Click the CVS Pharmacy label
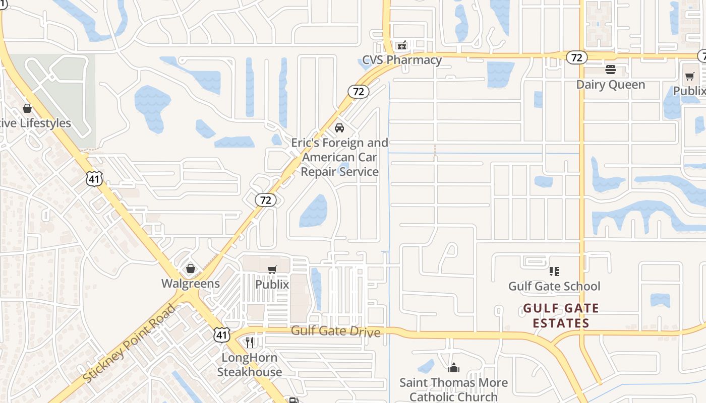pos(402,60)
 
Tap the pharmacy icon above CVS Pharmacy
pos(402,46)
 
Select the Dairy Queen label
pos(610,85)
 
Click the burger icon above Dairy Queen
pos(611,69)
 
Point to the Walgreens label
pos(191,284)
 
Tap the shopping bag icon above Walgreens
pos(191,268)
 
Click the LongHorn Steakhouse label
pos(250,365)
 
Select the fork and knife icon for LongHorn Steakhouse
pos(250,343)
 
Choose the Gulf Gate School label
pos(554,287)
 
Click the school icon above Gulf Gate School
pos(554,272)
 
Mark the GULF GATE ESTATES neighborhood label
pos(561,316)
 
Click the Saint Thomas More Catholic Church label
pos(453,390)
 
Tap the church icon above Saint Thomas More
pos(454,368)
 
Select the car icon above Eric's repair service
pos(339,128)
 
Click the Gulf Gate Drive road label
pos(335,331)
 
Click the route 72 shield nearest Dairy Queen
pos(576,57)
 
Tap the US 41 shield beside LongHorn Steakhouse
pos(222,334)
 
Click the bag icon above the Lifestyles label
pos(27,108)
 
